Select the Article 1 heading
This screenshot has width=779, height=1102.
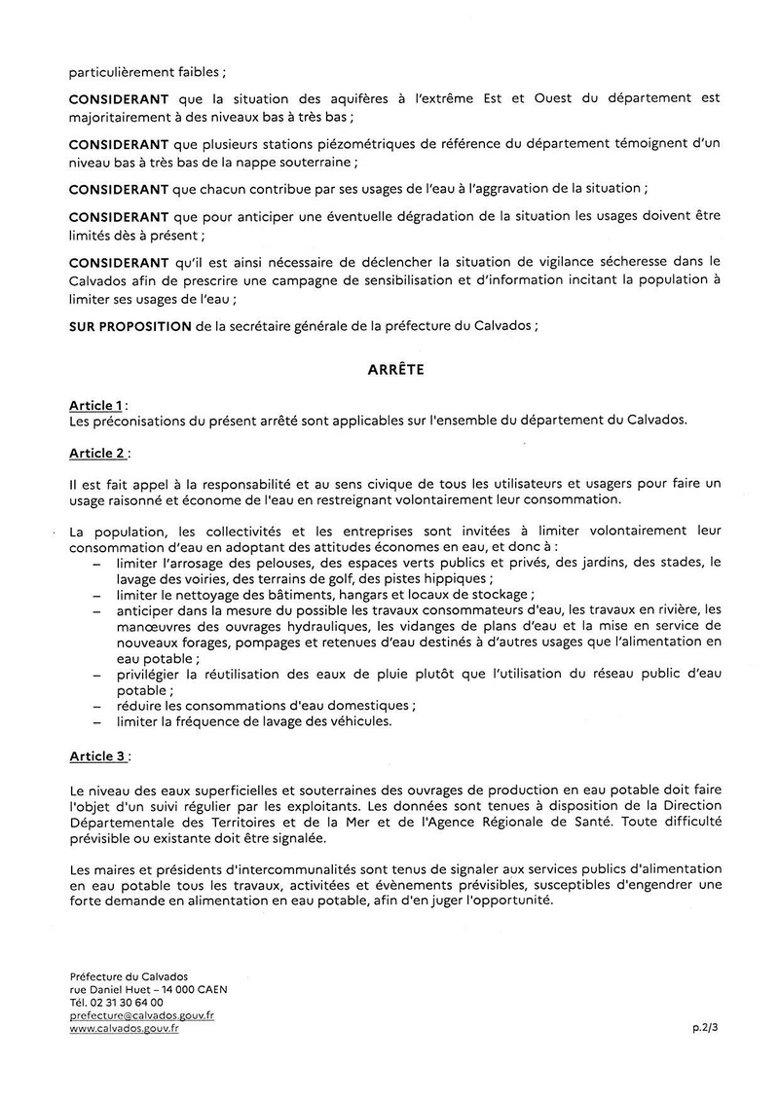tap(96, 404)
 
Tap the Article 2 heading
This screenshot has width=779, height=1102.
tap(97, 454)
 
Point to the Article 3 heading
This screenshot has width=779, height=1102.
tap(97, 755)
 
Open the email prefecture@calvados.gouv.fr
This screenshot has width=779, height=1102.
tap(142, 1015)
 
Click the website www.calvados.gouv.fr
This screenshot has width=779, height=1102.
tap(125, 1029)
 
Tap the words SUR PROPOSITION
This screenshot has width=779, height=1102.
tap(130, 326)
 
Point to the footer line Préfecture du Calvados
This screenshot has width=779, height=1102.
tap(129, 975)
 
